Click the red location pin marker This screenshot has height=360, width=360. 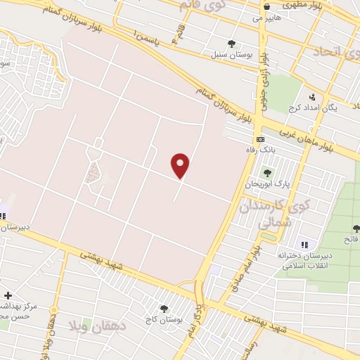coord(181,165)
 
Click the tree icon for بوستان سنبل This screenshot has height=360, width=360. coord(231,44)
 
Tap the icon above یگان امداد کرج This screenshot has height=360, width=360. coord(312,97)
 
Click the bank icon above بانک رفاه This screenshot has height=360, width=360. coord(259,139)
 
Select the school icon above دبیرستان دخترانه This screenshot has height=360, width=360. coord(304,244)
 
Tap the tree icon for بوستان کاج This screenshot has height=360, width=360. coord(164,309)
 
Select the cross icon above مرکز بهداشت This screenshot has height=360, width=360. coord(7,295)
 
